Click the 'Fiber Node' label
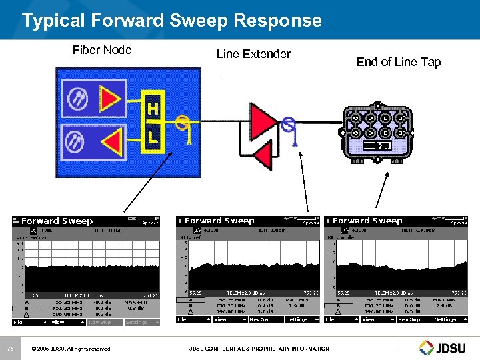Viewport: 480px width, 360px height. pos(102,49)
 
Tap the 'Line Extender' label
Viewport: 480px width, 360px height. pos(253,54)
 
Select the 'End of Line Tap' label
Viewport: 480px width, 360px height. pos(399,62)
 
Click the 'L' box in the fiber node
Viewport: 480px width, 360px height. pos(153,138)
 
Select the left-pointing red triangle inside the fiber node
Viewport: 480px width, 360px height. pos(111,142)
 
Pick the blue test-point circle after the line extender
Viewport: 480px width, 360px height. pos(289,123)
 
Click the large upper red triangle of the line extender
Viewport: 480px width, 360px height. pos(262,120)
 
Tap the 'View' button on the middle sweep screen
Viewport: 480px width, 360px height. pos(220,319)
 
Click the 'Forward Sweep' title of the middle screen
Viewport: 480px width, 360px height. pos(219,221)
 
